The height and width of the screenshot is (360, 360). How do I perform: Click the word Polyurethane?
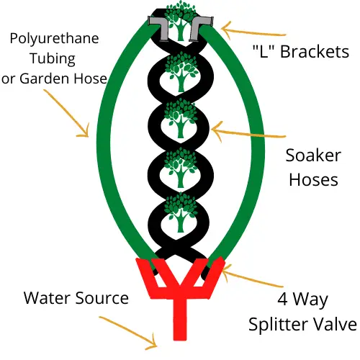point(54,39)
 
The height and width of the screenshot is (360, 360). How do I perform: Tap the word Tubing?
point(53,59)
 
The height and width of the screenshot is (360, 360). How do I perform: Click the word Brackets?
point(315,52)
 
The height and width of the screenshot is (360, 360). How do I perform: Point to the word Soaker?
point(313,156)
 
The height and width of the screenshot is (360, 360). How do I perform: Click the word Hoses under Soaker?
point(313,179)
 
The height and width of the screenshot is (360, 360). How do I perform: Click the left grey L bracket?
point(158,27)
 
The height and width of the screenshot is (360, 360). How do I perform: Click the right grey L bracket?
point(201,27)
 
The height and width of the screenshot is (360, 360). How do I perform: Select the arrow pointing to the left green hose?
point(67,113)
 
